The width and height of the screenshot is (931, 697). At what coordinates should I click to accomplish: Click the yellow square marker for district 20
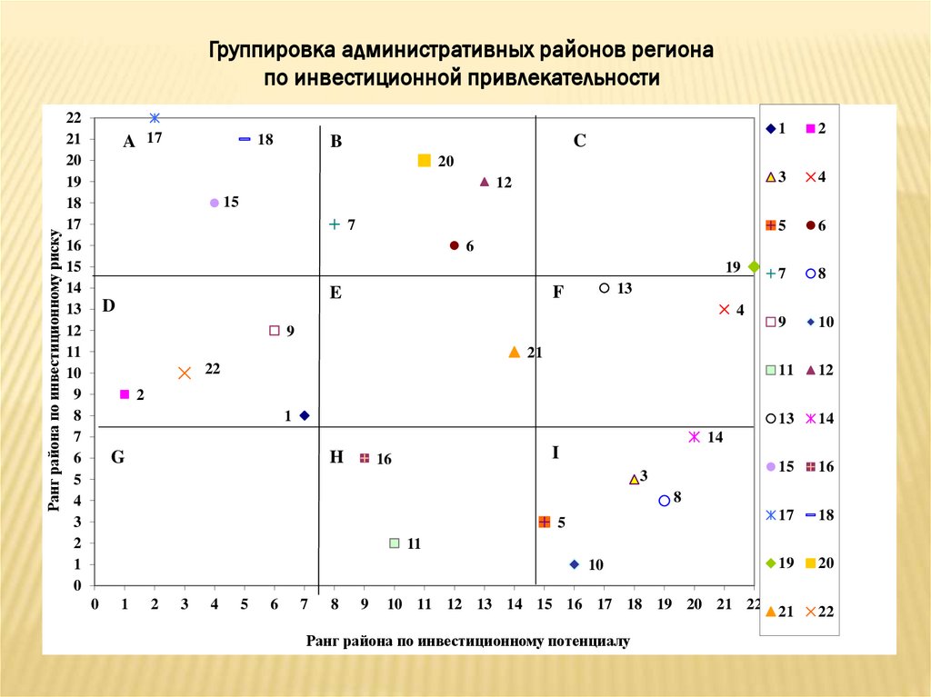pos(425,161)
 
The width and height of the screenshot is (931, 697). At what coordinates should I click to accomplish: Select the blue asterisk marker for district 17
pos(155,118)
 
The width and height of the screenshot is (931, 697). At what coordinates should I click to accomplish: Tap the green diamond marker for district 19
pos(754,266)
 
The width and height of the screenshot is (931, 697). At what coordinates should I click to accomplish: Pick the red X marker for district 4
pos(725,310)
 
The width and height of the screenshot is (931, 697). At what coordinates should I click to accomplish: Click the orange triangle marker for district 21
pos(515,352)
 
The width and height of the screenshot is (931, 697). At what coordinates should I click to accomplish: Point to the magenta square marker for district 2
pos(125,394)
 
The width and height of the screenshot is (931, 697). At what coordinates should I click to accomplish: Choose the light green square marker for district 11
pos(395,543)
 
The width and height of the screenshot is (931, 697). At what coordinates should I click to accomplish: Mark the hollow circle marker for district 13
pos(605,288)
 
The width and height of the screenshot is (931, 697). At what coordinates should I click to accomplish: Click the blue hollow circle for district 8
pos(665,501)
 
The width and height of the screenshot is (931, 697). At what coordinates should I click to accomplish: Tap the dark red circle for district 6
pos(455,245)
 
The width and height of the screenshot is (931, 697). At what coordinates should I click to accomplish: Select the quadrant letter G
pos(117,457)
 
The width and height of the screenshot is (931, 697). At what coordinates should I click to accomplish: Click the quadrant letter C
pos(580,141)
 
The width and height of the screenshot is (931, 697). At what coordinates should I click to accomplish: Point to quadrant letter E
pos(335,293)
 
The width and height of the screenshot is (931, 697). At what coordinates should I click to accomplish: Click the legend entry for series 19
pos(777,563)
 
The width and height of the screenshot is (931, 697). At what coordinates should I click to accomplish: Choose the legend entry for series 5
pos(777,225)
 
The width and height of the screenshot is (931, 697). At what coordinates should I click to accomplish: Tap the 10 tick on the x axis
pos(395,604)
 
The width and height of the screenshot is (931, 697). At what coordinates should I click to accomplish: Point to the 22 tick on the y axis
pos(74,118)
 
